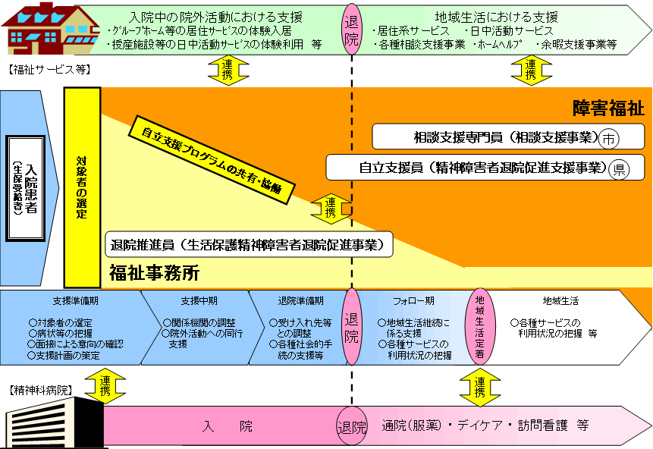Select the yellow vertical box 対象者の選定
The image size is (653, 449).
[82, 187]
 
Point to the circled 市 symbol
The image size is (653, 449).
[609, 140]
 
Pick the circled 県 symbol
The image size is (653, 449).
[619, 168]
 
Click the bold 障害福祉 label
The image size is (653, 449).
[608, 108]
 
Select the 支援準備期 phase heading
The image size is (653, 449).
[75, 300]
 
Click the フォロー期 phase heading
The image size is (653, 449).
[413, 300]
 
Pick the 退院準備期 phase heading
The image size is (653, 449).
[301, 300]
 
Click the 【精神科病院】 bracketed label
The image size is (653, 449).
[40, 391]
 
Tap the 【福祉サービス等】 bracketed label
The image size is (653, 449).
[50, 70]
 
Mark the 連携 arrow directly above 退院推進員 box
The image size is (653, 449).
[331, 208]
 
